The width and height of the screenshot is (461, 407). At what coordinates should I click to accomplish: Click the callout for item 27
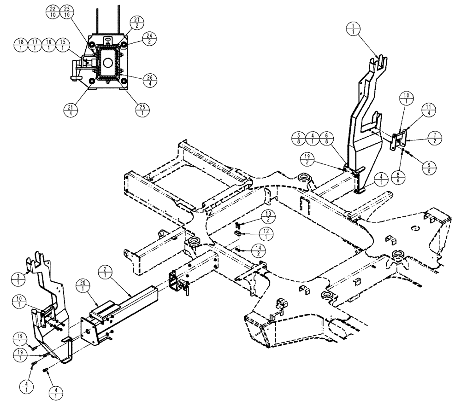tap(137, 22)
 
